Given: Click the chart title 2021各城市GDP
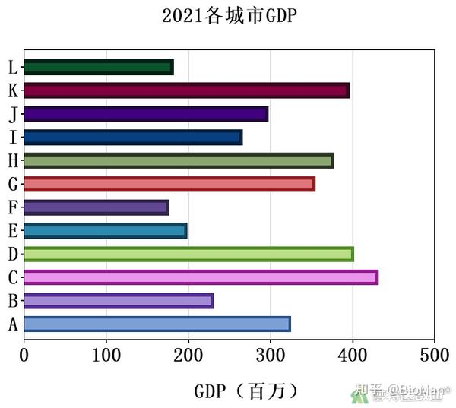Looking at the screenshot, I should pos(228,16).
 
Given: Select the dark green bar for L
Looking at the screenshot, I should pos(99,68).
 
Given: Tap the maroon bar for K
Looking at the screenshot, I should pos(186,90).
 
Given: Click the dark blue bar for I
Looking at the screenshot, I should pos(133,138).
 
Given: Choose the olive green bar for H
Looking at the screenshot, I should pos(179,160).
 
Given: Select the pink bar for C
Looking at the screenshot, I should pos(201,277).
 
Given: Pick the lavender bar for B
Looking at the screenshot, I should pos(119,301).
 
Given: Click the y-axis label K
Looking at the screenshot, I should pos(13,91).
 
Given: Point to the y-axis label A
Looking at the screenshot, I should pos(13,325).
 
